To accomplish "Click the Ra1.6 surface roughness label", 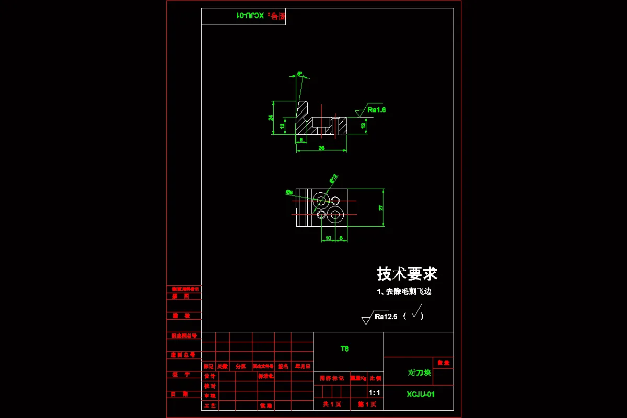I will click(x=376, y=110).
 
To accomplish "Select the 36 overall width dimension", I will click(x=321, y=148).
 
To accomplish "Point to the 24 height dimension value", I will click(x=271, y=118).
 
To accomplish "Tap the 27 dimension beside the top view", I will click(x=381, y=207).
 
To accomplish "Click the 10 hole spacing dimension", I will click(x=328, y=238).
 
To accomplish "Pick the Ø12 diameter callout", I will click(x=333, y=179).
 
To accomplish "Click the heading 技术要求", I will click(x=407, y=274).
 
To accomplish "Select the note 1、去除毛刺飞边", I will click(x=404, y=292).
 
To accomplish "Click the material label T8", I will click(x=344, y=349).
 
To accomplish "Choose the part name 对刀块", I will click(x=419, y=373).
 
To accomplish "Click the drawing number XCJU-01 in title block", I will click(x=421, y=394).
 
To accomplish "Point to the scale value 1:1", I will click(x=374, y=392).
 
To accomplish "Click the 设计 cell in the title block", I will click(x=210, y=376).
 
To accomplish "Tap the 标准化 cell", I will click(x=266, y=376).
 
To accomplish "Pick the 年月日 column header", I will click(x=302, y=366).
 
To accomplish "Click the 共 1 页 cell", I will click(x=331, y=404).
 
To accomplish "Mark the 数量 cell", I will click(x=443, y=363).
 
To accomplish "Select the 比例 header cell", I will click(x=375, y=378).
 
